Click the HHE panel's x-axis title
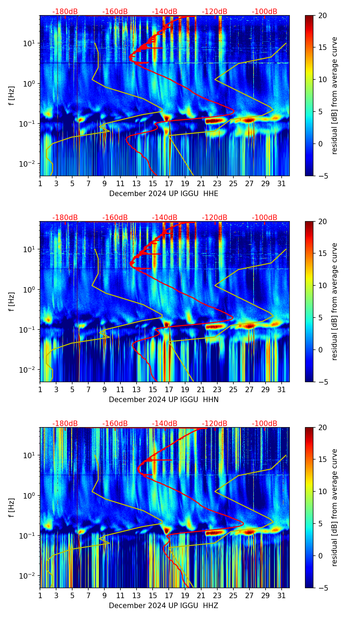click(164, 194)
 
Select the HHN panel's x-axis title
click(164, 400)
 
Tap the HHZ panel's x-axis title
click(164, 606)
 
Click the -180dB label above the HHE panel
click(65, 12)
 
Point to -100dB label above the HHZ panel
click(265, 424)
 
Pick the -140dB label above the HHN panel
click(165, 218)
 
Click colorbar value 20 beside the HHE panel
click(323, 15)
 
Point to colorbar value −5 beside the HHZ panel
click(323, 588)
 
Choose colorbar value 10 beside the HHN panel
click(323, 285)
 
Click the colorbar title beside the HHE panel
click(334, 95)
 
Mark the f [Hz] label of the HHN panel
click(12, 301)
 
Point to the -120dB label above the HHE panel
click(215, 12)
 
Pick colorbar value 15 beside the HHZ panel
click(323, 460)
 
